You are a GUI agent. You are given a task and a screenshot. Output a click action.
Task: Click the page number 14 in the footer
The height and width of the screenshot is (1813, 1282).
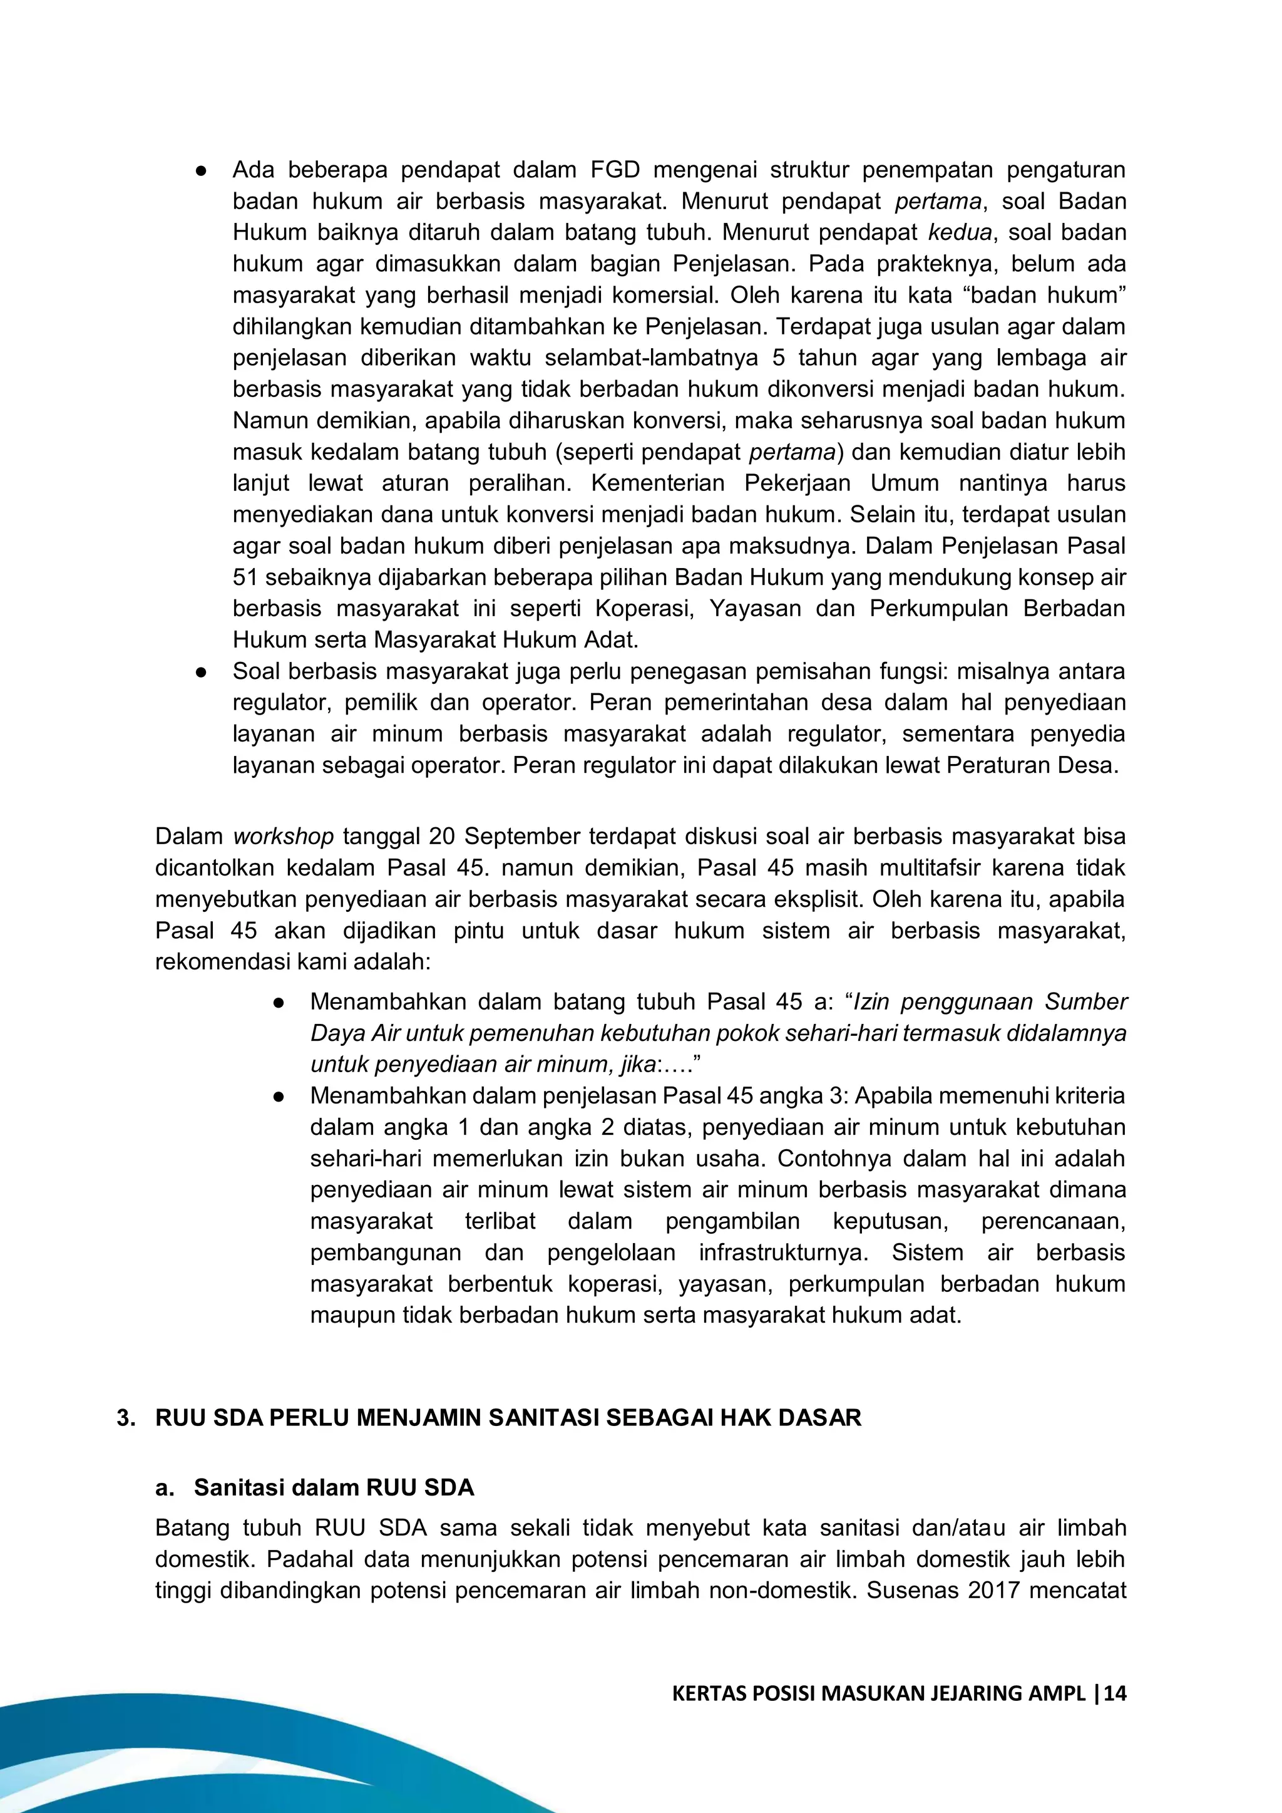(1115, 1693)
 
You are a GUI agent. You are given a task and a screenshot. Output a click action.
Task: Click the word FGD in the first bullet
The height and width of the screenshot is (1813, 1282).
(615, 170)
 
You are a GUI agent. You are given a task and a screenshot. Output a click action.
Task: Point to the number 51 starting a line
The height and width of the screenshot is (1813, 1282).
(245, 577)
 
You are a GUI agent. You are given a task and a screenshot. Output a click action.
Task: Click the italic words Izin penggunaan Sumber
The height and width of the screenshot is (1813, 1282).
(990, 1001)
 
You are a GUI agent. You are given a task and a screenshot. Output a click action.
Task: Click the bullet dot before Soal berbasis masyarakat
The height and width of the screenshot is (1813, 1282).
(202, 672)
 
